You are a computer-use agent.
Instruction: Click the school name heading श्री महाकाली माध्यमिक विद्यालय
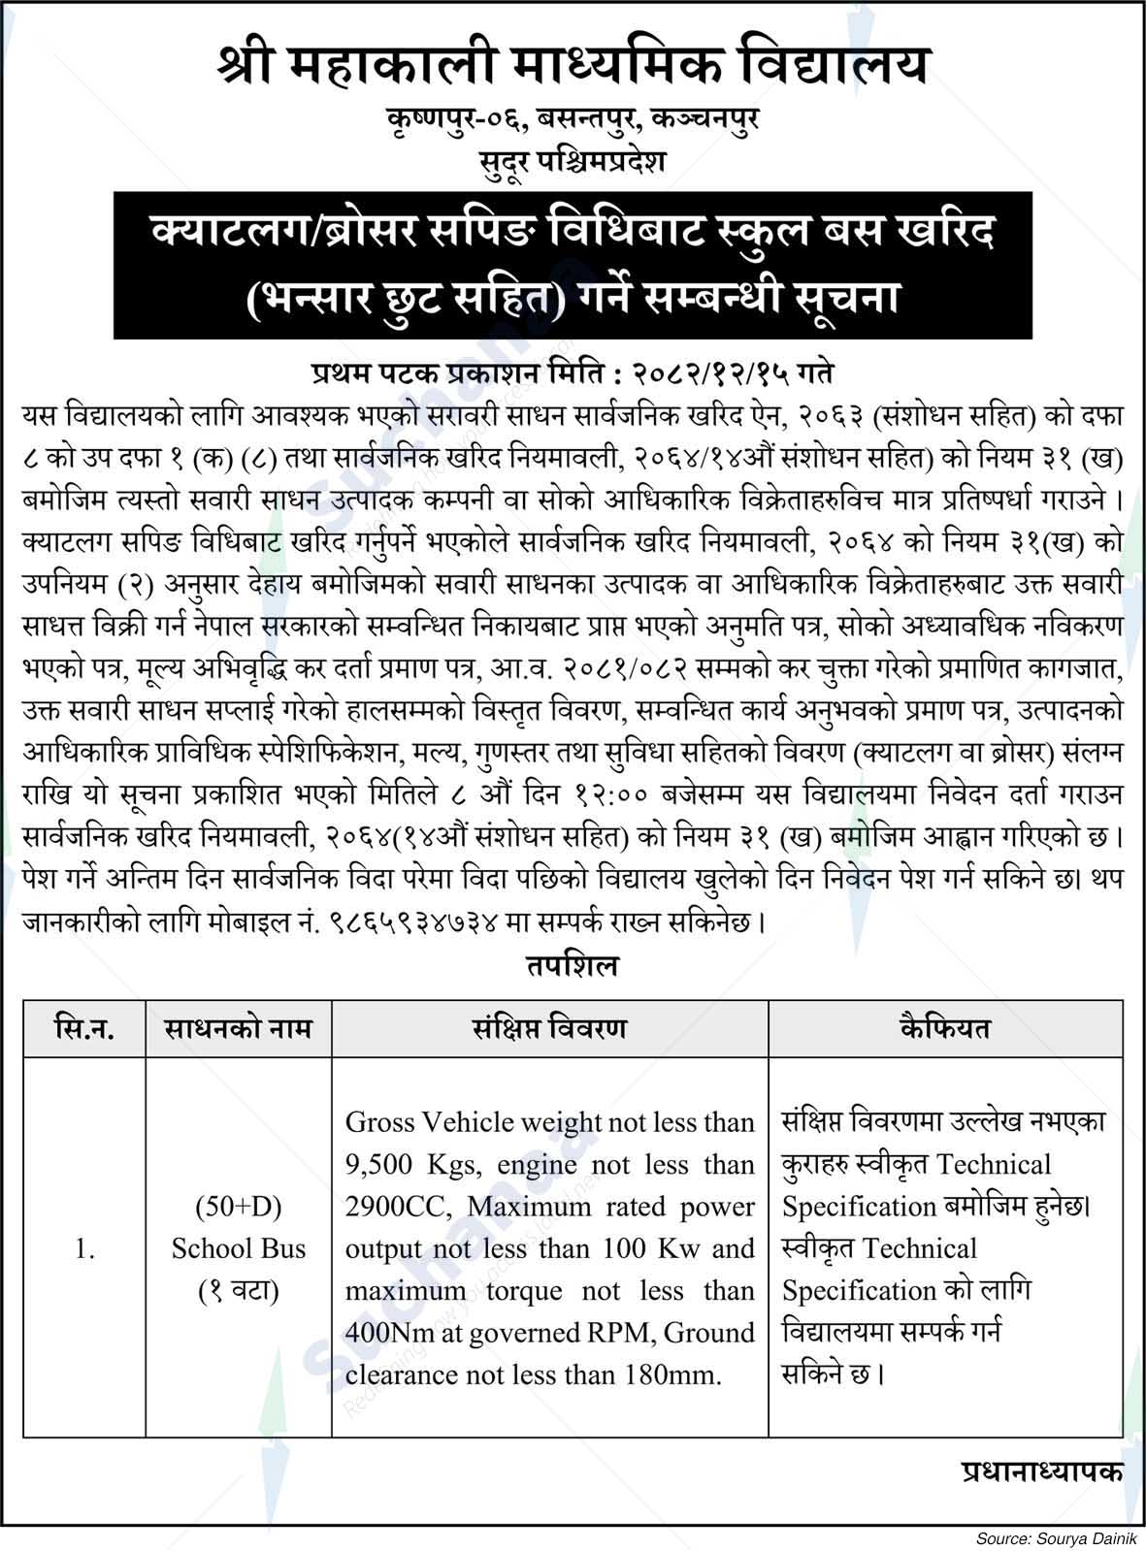[x=573, y=66]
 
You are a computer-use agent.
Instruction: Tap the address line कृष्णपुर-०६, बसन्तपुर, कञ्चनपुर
[x=573, y=120]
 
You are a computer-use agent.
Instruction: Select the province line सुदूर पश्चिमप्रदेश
[x=573, y=160]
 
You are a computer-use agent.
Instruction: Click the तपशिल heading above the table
[x=573, y=966]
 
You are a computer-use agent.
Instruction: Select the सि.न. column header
[x=84, y=1028]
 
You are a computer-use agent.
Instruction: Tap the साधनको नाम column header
[x=239, y=1028]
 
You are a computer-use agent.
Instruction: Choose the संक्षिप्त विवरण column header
[x=549, y=1028]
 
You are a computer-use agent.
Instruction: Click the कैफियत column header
[x=945, y=1028]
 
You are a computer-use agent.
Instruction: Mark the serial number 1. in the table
[x=84, y=1249]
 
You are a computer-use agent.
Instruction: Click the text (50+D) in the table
[x=239, y=1207]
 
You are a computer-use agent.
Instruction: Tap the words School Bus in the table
[x=239, y=1249]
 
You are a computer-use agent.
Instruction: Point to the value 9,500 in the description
[x=381, y=1165]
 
